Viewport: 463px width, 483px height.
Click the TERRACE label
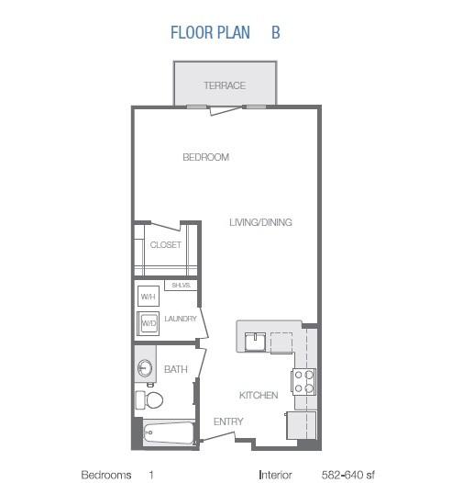tap(225, 85)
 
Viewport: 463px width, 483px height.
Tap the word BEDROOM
tap(205, 157)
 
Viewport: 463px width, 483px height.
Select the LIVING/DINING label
tap(260, 222)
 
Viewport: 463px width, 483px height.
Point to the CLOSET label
tap(166, 245)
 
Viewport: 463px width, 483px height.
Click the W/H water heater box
tap(149, 296)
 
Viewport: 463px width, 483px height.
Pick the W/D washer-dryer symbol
tap(149, 323)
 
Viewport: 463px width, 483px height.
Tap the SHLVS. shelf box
tap(181, 286)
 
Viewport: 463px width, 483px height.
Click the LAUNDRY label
tap(181, 319)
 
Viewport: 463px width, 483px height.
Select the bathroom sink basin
tap(145, 368)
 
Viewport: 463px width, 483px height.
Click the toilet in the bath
tap(149, 399)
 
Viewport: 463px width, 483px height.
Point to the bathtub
tap(169, 433)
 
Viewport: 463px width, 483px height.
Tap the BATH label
tap(176, 369)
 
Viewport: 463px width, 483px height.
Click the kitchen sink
tap(255, 342)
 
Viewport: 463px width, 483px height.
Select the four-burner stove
tap(303, 382)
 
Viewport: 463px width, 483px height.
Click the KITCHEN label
tap(259, 395)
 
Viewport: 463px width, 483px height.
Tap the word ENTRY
tap(228, 421)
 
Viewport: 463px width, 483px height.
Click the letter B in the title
tap(276, 32)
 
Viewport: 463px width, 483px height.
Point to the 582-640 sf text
tap(348, 475)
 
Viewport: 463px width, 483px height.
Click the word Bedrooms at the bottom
tap(106, 475)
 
